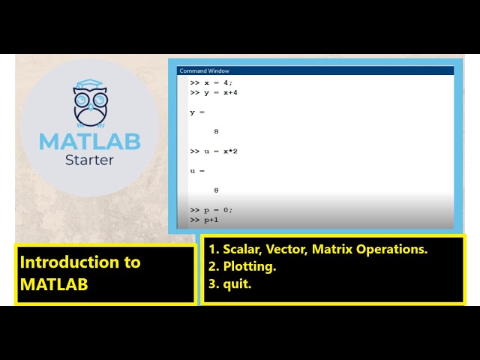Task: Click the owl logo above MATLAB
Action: click(x=90, y=105)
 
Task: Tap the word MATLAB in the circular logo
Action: click(x=89, y=141)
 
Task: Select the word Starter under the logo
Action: click(x=89, y=159)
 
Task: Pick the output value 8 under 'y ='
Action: click(x=216, y=131)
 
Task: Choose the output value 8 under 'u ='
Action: click(x=216, y=190)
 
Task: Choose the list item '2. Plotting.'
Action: click(x=243, y=266)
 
